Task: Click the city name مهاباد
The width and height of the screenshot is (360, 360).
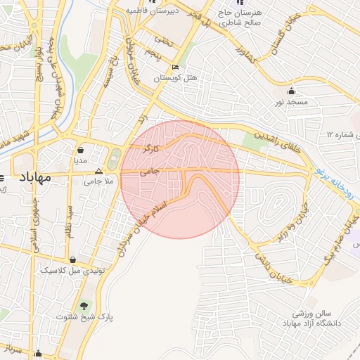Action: (x=32, y=177)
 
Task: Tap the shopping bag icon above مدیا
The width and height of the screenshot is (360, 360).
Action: (x=81, y=150)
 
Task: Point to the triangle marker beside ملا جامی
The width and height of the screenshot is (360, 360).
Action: (x=98, y=171)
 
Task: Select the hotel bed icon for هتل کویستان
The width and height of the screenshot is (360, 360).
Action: (x=175, y=67)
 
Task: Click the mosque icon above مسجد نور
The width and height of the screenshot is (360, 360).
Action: (x=292, y=91)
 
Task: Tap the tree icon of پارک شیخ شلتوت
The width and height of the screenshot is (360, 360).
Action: (x=85, y=305)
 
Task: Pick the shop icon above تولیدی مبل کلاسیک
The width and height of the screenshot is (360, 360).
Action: (x=73, y=259)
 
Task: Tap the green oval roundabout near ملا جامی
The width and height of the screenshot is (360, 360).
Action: (x=115, y=158)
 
